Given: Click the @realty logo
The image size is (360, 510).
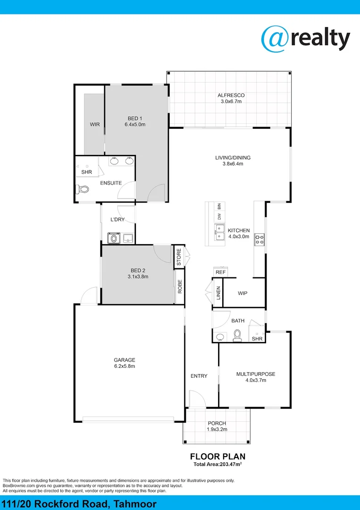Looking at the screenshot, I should click(305, 38).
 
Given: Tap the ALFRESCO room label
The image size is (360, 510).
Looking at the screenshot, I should click(231, 95).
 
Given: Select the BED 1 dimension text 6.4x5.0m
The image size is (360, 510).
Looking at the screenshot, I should click(135, 125).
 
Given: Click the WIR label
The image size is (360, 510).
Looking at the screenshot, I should click(95, 125).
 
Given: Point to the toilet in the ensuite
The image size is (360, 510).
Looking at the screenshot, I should click(83, 190).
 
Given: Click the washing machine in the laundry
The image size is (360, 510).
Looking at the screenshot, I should click(113, 238).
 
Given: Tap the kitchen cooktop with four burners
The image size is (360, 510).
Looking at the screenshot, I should click(259, 239).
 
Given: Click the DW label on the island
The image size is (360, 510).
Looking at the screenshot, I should click(219, 217).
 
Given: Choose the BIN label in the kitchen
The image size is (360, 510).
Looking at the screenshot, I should click(219, 206).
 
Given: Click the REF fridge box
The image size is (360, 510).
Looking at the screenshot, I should click(220, 272).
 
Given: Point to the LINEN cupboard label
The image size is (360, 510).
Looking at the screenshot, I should click(218, 293).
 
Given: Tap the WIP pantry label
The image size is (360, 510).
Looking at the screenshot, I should click(243, 293).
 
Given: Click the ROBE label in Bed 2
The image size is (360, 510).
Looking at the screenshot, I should click(180, 287).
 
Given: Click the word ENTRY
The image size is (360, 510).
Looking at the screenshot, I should click(199, 376).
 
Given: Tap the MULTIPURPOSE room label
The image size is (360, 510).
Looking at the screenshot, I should click(255, 374).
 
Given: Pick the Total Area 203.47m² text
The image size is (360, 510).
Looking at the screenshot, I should click(218, 465).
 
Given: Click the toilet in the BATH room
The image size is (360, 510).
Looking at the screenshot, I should click(237, 336).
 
